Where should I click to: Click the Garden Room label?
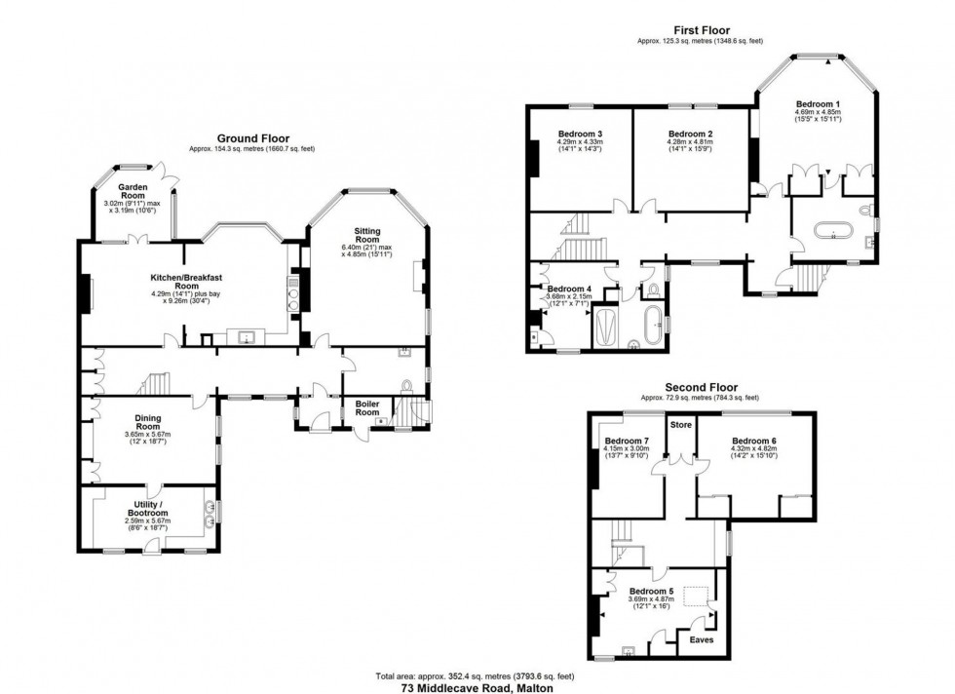(x=132, y=189)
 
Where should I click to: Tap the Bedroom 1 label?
(x=818, y=103)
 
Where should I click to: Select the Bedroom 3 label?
(x=580, y=134)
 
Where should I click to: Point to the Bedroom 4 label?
(x=569, y=289)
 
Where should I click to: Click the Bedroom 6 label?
(x=754, y=441)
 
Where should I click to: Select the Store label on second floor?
(x=679, y=424)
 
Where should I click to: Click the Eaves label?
(x=702, y=640)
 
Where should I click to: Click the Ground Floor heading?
(x=252, y=138)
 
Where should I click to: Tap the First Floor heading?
(x=696, y=30)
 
